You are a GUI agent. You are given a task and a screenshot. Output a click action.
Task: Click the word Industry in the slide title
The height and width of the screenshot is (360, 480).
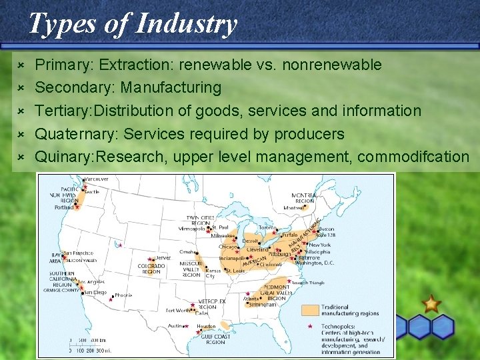coord(186,24)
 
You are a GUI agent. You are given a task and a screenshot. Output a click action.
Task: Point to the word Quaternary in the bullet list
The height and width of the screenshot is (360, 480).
coord(74,134)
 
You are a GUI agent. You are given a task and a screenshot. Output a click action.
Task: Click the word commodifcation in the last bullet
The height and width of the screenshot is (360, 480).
coord(413,157)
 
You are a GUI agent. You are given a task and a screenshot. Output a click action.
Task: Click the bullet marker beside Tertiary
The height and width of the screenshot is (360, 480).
coord(20,111)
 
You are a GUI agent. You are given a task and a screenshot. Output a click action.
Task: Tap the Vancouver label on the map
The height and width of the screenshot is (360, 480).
coord(96,180)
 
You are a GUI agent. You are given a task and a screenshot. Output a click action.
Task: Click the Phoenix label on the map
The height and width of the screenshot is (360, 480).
coord(123,295)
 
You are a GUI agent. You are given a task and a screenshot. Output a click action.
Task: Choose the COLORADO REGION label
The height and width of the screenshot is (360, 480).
coord(151,269)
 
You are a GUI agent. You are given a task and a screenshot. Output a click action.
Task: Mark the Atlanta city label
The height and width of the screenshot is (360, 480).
coord(251,299)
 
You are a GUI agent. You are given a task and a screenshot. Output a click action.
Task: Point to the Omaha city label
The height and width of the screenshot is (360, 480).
coord(186,253)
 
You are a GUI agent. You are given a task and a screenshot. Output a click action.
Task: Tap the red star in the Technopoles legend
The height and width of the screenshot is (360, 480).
coord(311,326)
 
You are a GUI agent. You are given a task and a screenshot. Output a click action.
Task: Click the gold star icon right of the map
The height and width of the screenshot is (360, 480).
coord(431,305)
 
